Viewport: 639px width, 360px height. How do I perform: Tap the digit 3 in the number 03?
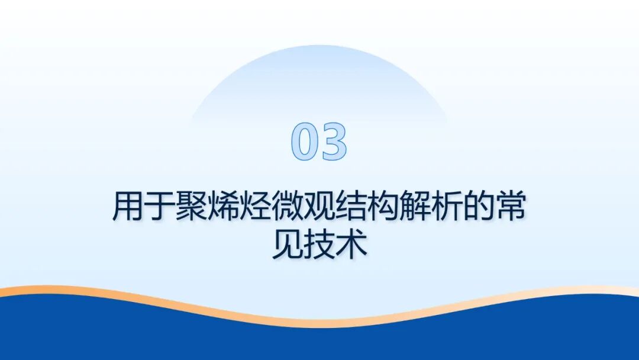pyautogui.click(x=333, y=143)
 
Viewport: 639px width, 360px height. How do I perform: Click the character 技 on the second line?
pyautogui.click(x=319, y=245)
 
